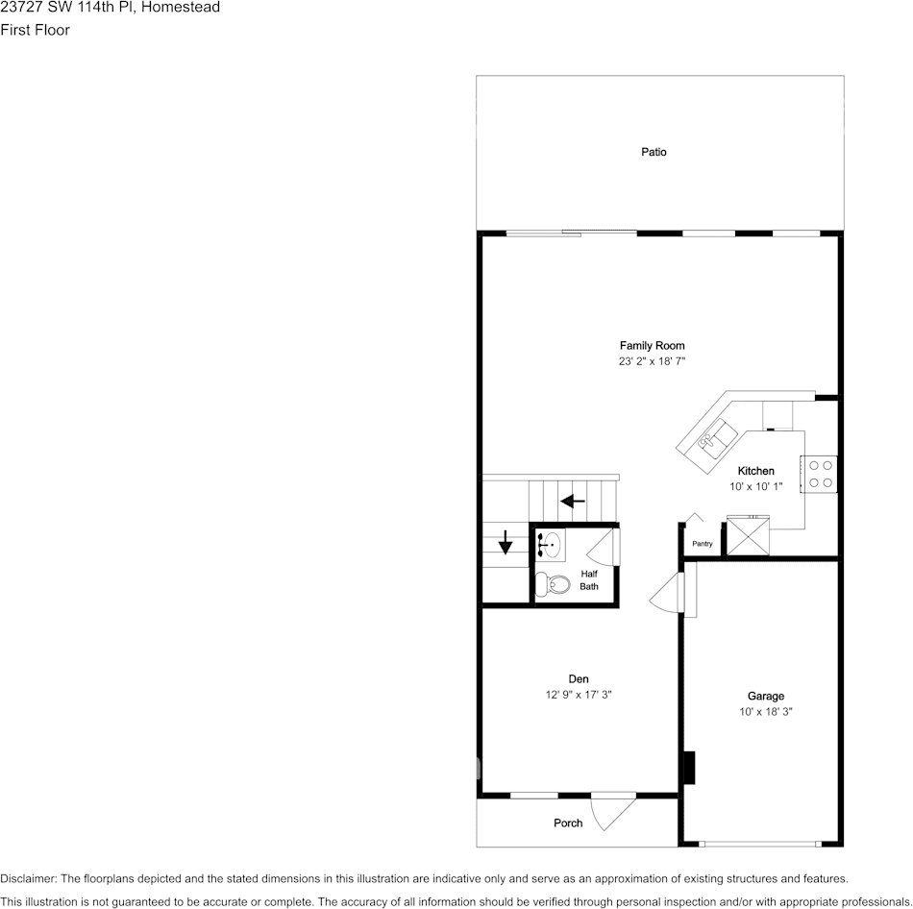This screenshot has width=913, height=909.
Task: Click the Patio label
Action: tap(654, 152)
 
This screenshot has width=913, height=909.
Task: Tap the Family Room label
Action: tap(652, 346)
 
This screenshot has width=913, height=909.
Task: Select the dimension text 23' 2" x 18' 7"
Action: tap(652, 362)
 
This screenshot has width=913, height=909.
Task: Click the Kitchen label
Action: tap(755, 471)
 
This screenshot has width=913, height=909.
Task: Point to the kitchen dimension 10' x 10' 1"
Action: tap(755, 487)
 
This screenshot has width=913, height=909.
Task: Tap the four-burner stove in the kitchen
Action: tap(820, 474)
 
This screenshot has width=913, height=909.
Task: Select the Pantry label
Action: tap(702, 544)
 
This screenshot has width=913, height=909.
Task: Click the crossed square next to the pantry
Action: tap(748, 536)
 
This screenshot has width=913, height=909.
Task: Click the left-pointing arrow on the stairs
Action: tap(573, 501)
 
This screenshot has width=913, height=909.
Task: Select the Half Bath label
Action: tap(588, 579)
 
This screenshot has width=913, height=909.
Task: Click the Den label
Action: tap(579, 678)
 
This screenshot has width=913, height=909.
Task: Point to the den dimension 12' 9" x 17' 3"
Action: tap(579, 695)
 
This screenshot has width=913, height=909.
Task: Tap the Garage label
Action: tap(765, 696)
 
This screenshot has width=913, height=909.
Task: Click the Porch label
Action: tap(568, 823)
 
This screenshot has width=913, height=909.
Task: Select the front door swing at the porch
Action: tap(611, 813)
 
